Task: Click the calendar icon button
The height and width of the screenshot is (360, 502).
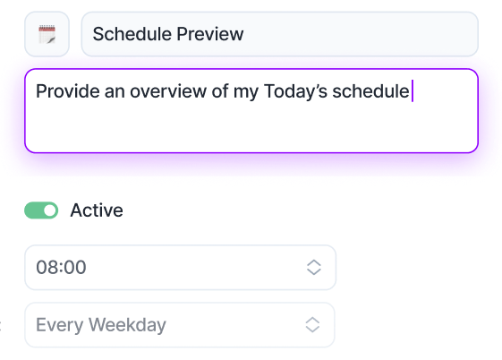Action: click(x=47, y=34)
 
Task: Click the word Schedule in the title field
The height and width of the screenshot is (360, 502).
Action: click(x=132, y=34)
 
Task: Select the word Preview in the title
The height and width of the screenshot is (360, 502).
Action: click(x=210, y=34)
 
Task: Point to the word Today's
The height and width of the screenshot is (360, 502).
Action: click(x=295, y=91)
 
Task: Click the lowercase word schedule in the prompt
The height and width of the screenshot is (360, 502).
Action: click(x=370, y=91)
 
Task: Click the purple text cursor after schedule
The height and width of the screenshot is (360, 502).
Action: click(x=413, y=91)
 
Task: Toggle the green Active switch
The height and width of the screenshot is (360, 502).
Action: click(x=41, y=210)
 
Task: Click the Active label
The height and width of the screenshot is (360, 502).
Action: click(x=97, y=210)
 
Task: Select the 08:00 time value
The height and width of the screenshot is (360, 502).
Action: click(x=61, y=267)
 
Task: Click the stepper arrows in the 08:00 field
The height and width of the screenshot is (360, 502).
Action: click(x=314, y=267)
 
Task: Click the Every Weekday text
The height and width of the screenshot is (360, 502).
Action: click(x=101, y=325)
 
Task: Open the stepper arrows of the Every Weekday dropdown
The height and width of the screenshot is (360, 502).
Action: click(x=312, y=325)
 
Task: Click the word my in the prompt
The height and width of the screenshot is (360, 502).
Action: click(x=245, y=92)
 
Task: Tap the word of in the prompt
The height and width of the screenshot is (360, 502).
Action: click(x=220, y=91)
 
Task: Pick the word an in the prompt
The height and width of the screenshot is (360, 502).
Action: click(x=115, y=92)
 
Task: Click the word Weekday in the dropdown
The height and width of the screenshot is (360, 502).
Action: click(x=127, y=325)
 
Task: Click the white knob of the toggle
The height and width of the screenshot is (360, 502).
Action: click(x=49, y=210)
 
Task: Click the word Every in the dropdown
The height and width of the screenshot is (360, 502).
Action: click(x=60, y=325)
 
